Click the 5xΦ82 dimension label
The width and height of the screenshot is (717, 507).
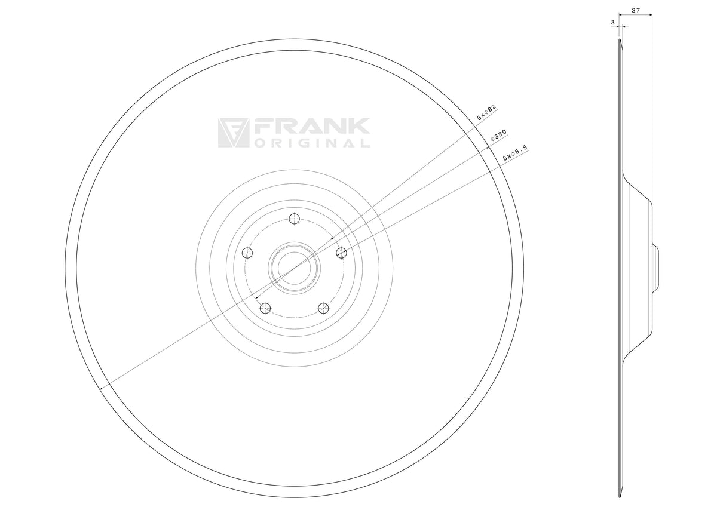tap(486, 112)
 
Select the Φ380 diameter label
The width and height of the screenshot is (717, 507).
tap(499, 136)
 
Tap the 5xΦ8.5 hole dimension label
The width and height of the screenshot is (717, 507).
tap(514, 153)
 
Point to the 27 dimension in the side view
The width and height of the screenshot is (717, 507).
tap(636, 11)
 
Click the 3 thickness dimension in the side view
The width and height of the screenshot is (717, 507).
tap(612, 22)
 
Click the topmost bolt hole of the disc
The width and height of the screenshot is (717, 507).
tap(294, 219)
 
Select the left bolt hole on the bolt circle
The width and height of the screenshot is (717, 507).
tap(247, 253)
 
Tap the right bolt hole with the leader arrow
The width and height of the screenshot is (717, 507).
tap(341, 253)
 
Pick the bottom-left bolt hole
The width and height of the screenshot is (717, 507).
tap(265, 308)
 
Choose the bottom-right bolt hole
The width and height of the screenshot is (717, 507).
tap(323, 308)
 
